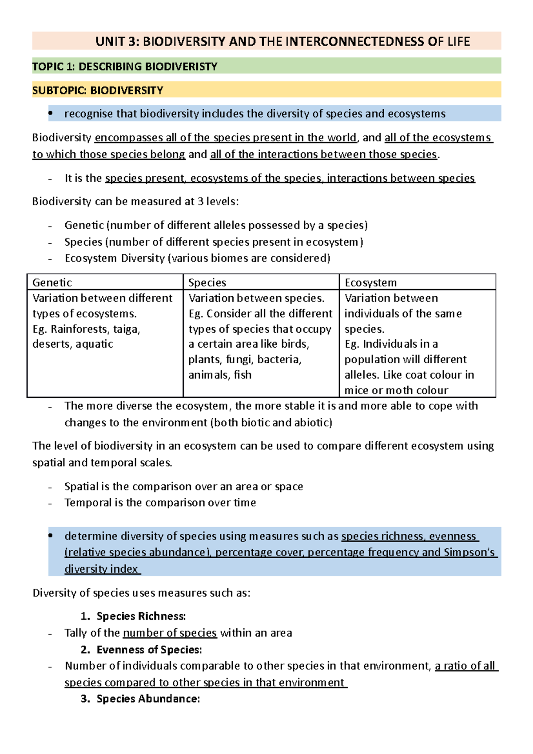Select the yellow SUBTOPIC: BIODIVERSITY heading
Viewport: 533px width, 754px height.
(x=98, y=91)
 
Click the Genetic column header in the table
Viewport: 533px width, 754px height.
(x=52, y=282)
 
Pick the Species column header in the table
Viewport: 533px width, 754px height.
(x=207, y=282)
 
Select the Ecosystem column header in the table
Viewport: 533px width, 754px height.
(x=370, y=282)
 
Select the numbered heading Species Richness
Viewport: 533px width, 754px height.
(x=141, y=616)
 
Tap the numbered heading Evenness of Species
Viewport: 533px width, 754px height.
(x=149, y=650)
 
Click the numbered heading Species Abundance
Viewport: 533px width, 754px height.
(x=148, y=699)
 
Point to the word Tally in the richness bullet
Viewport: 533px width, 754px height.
(x=75, y=633)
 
